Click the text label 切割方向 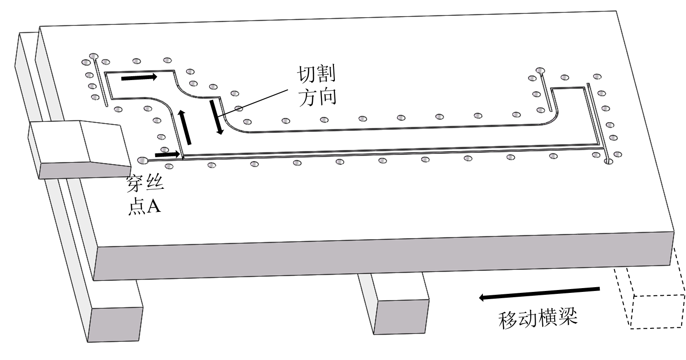coord(317,86)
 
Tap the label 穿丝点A coord(144,197)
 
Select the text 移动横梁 coord(538,318)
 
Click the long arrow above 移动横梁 coord(539,293)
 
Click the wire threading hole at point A coord(142,160)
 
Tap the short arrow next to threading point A coord(168,154)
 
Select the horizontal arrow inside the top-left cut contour coord(139,77)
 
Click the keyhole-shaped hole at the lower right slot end coord(608,162)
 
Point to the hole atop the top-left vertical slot coord(93,56)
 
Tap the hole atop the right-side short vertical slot coord(540,71)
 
